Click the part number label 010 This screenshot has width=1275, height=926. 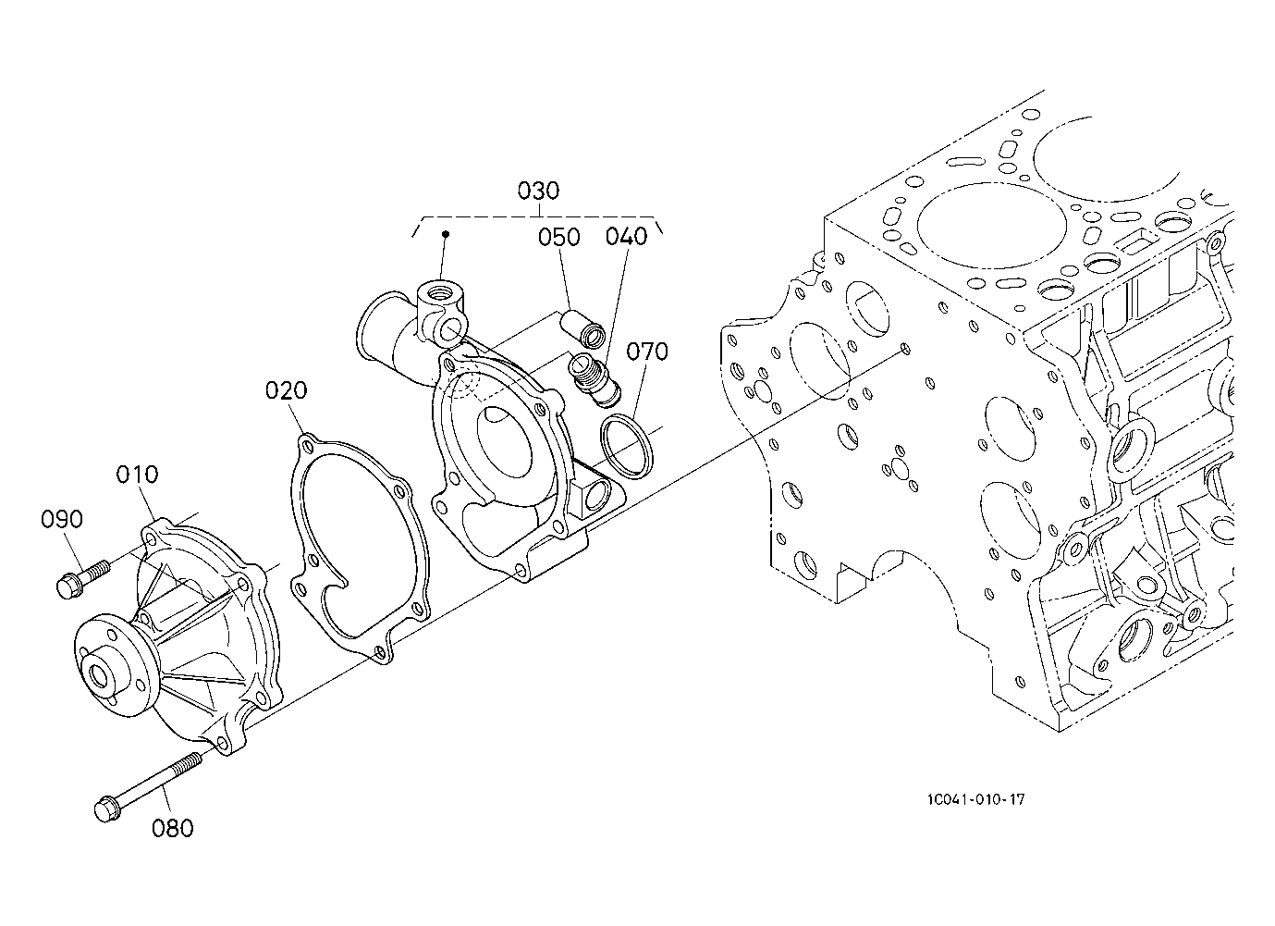tap(137, 475)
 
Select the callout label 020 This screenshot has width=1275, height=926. tap(286, 390)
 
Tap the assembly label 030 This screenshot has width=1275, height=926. tap(538, 191)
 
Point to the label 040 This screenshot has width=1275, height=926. tap(626, 237)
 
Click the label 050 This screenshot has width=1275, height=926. tap(559, 237)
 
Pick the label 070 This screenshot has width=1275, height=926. tap(646, 352)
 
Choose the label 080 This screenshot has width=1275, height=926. tap(173, 828)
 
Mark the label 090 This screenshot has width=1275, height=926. tap(62, 519)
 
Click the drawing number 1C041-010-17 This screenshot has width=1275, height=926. tap(974, 799)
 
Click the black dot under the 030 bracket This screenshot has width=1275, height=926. tap(445, 234)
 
